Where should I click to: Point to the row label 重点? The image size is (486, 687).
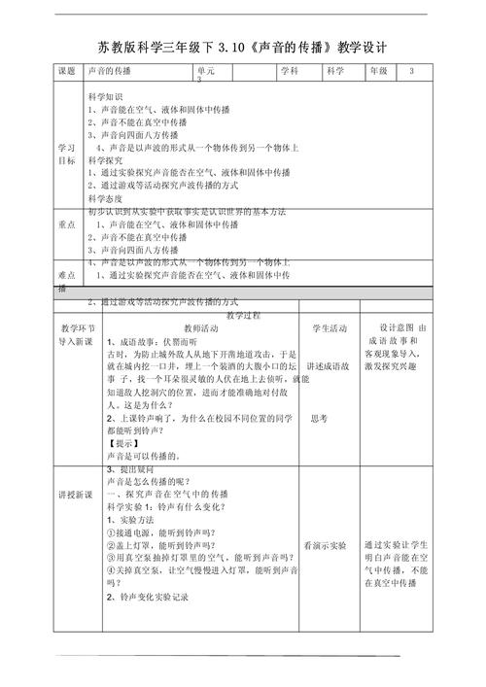[x=66, y=223]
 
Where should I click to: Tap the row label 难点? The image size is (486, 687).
[x=66, y=274]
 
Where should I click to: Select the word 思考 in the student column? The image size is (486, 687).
[x=319, y=418]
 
